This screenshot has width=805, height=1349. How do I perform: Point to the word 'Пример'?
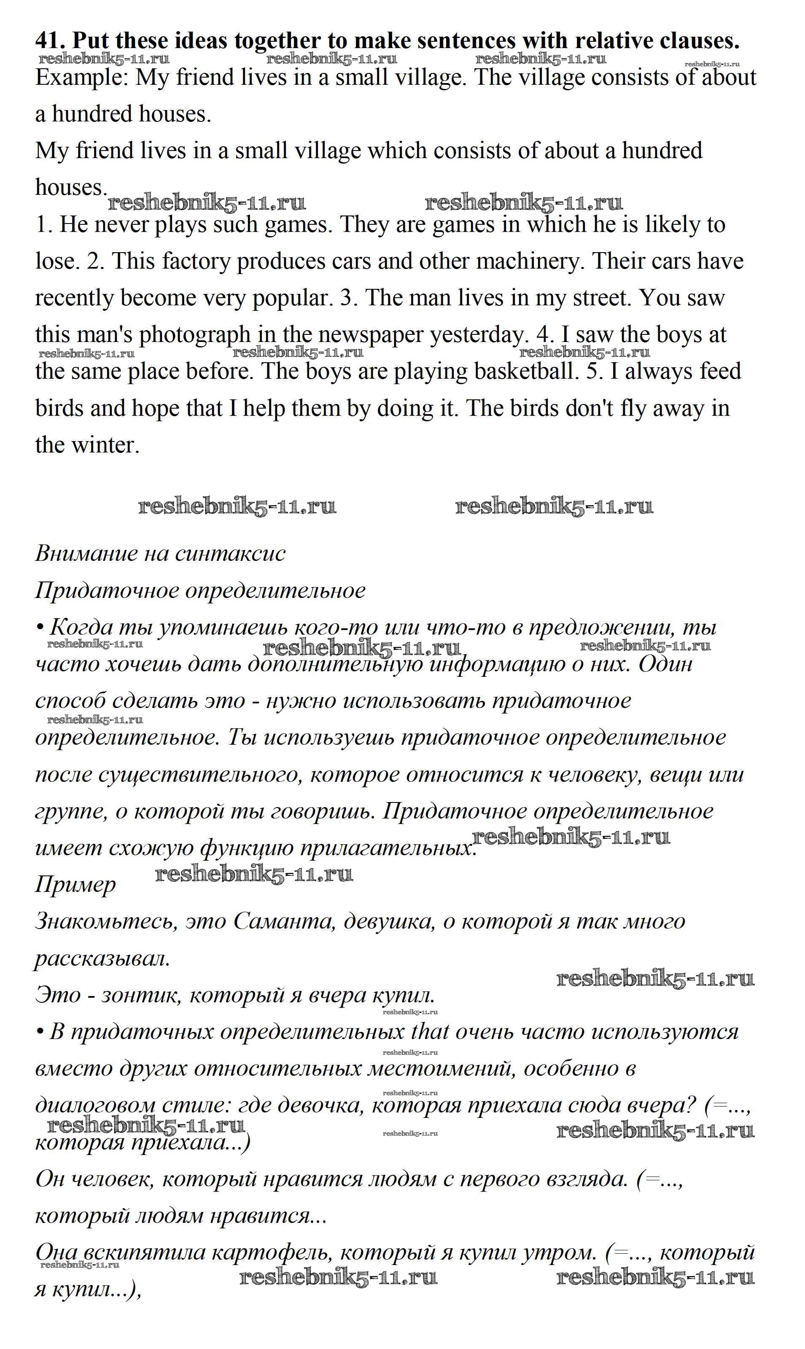point(75,885)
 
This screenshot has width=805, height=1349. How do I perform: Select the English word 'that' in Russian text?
point(430,1032)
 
